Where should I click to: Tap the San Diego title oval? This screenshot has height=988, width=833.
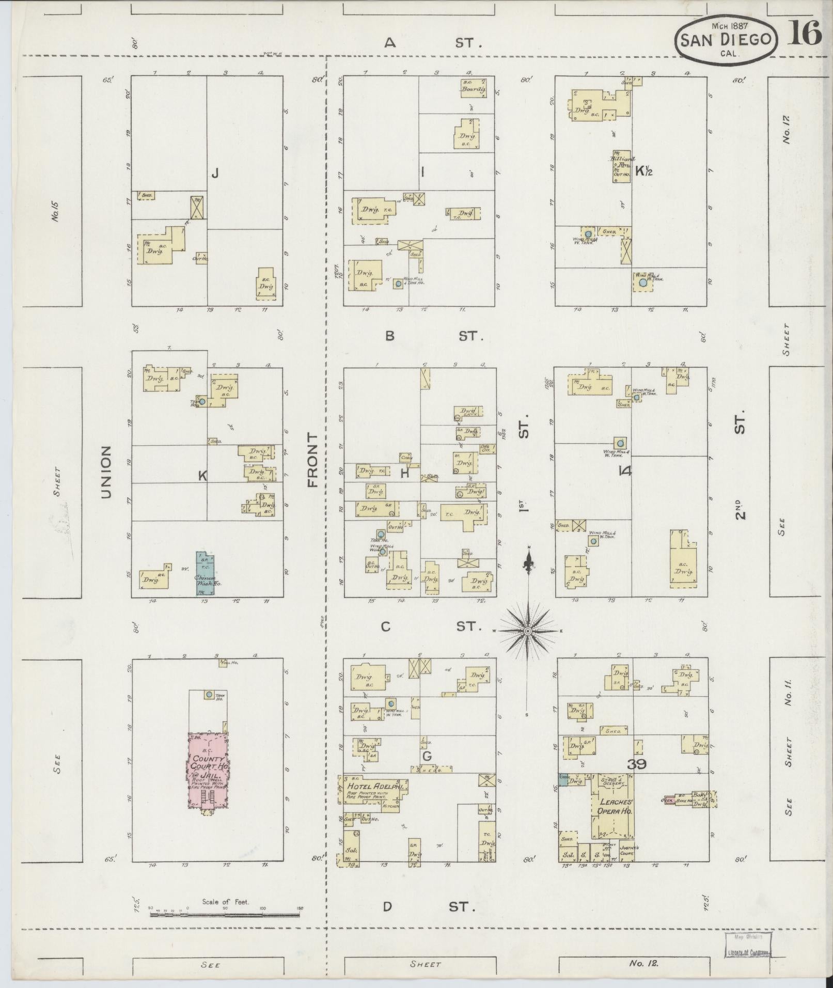pos(725,40)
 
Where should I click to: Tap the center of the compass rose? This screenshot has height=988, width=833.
pos(528,631)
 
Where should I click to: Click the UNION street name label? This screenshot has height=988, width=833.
pos(106,472)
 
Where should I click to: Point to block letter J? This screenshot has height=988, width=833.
pos(215,174)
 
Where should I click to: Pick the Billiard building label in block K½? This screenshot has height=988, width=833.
pos(621,160)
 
